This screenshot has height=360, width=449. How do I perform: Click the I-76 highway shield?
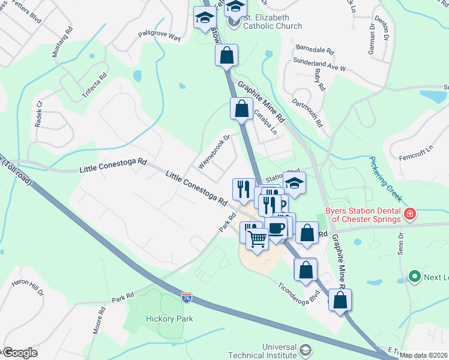coord(187,297)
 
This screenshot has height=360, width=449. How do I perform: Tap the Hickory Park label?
coord(169,319)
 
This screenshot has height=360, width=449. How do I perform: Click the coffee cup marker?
coord(276,228)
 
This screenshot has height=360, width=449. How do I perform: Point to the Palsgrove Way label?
coord(159,37)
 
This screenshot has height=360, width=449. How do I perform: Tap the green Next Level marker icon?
coord(414,276)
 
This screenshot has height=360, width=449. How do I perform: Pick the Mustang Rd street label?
coord(62,42)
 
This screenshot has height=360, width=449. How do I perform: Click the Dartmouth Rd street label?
coord(310,111)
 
